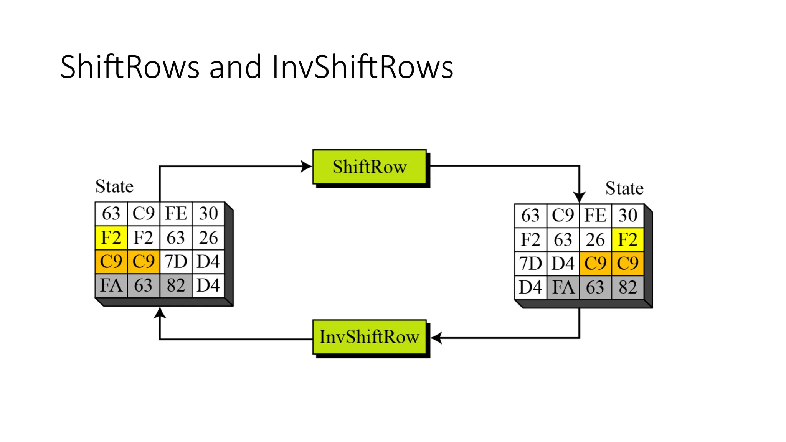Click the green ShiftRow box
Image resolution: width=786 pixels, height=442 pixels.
[x=369, y=167]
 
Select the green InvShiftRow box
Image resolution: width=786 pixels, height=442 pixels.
[x=369, y=337]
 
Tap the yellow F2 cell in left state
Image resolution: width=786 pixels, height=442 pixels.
[x=111, y=237]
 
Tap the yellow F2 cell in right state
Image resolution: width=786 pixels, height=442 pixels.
[x=627, y=240]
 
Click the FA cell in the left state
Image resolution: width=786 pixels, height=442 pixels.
[x=111, y=285]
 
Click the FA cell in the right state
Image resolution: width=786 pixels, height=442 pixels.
[x=563, y=287]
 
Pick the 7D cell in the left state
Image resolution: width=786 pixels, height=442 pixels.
[x=176, y=262]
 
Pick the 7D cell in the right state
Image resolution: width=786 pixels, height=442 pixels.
[x=530, y=264]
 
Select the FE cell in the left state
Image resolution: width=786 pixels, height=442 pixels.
[x=176, y=213]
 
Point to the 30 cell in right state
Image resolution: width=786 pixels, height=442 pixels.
[x=627, y=215]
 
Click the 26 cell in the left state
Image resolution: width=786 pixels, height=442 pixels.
[x=208, y=237]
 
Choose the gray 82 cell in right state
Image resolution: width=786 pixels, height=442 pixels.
[x=627, y=287]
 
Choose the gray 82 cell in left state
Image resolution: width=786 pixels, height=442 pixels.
[x=176, y=285]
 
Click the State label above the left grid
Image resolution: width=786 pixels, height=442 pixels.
[x=114, y=186]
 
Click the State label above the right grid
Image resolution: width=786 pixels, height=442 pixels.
[x=624, y=188]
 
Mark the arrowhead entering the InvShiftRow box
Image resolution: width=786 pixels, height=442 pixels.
[x=436, y=338]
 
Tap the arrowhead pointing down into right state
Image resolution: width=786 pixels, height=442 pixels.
[x=579, y=197]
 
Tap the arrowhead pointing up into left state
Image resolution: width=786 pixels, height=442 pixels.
[x=160, y=313]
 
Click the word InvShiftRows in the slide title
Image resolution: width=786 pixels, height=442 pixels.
[x=362, y=67]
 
